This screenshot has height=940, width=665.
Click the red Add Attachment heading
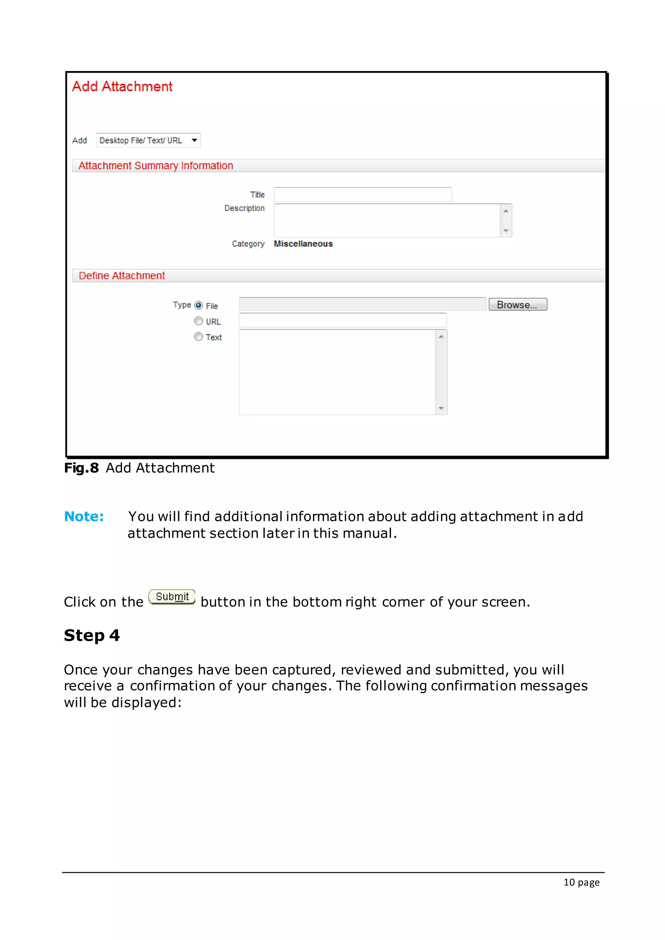[x=122, y=86]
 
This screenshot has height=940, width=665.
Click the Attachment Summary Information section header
[x=156, y=166]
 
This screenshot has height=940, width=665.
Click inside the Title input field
[x=362, y=194]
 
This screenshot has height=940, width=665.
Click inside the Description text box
[x=386, y=220]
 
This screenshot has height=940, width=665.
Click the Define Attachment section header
[x=122, y=276]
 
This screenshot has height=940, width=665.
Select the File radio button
[x=199, y=305]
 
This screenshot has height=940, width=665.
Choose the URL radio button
[x=199, y=321]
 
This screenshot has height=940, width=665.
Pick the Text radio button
[x=199, y=337]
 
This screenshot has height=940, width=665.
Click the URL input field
[x=342, y=320]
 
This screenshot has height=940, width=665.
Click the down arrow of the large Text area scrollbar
[x=441, y=408]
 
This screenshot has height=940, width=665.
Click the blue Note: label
[x=84, y=516]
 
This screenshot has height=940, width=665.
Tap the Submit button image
[x=172, y=597]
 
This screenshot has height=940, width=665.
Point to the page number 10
[x=569, y=882]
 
